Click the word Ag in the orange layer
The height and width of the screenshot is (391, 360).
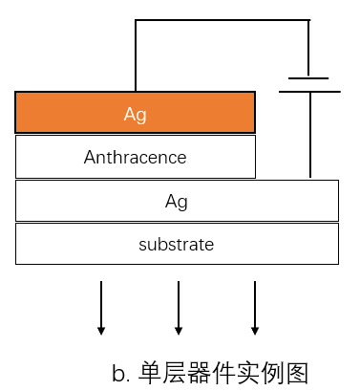pyautogui.click(x=135, y=115)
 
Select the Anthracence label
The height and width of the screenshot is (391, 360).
pyautogui.click(x=135, y=157)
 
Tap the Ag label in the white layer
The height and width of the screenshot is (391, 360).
pyautogui.click(x=177, y=201)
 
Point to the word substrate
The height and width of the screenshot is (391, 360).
pyautogui.click(x=177, y=245)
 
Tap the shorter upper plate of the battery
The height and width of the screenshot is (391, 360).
pyautogui.click(x=308, y=78)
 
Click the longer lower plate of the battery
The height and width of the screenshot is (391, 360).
pyautogui.click(x=309, y=92)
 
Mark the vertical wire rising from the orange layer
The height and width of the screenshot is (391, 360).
pyautogui.click(x=136, y=55)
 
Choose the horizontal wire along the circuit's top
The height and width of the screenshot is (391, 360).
pyautogui.click(x=222, y=20)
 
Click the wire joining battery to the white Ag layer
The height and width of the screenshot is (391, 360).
pyautogui.click(x=309, y=134)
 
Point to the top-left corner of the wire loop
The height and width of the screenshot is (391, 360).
pyautogui.click(x=136, y=20)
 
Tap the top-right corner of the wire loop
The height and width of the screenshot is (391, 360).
pyautogui.click(x=309, y=20)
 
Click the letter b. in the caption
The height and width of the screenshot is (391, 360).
pyautogui.click(x=120, y=373)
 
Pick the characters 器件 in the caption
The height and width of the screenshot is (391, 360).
pyautogui.click(x=214, y=372)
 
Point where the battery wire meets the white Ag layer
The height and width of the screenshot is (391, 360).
pyautogui.click(x=309, y=178)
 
